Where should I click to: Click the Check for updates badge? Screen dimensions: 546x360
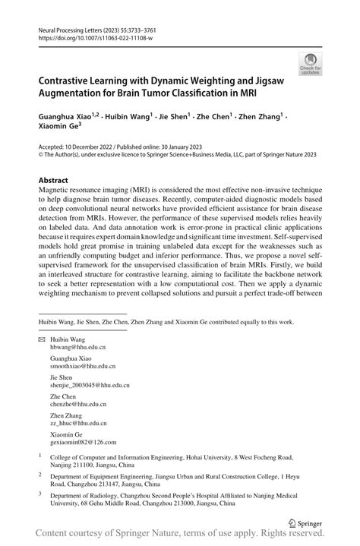point(311,63)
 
